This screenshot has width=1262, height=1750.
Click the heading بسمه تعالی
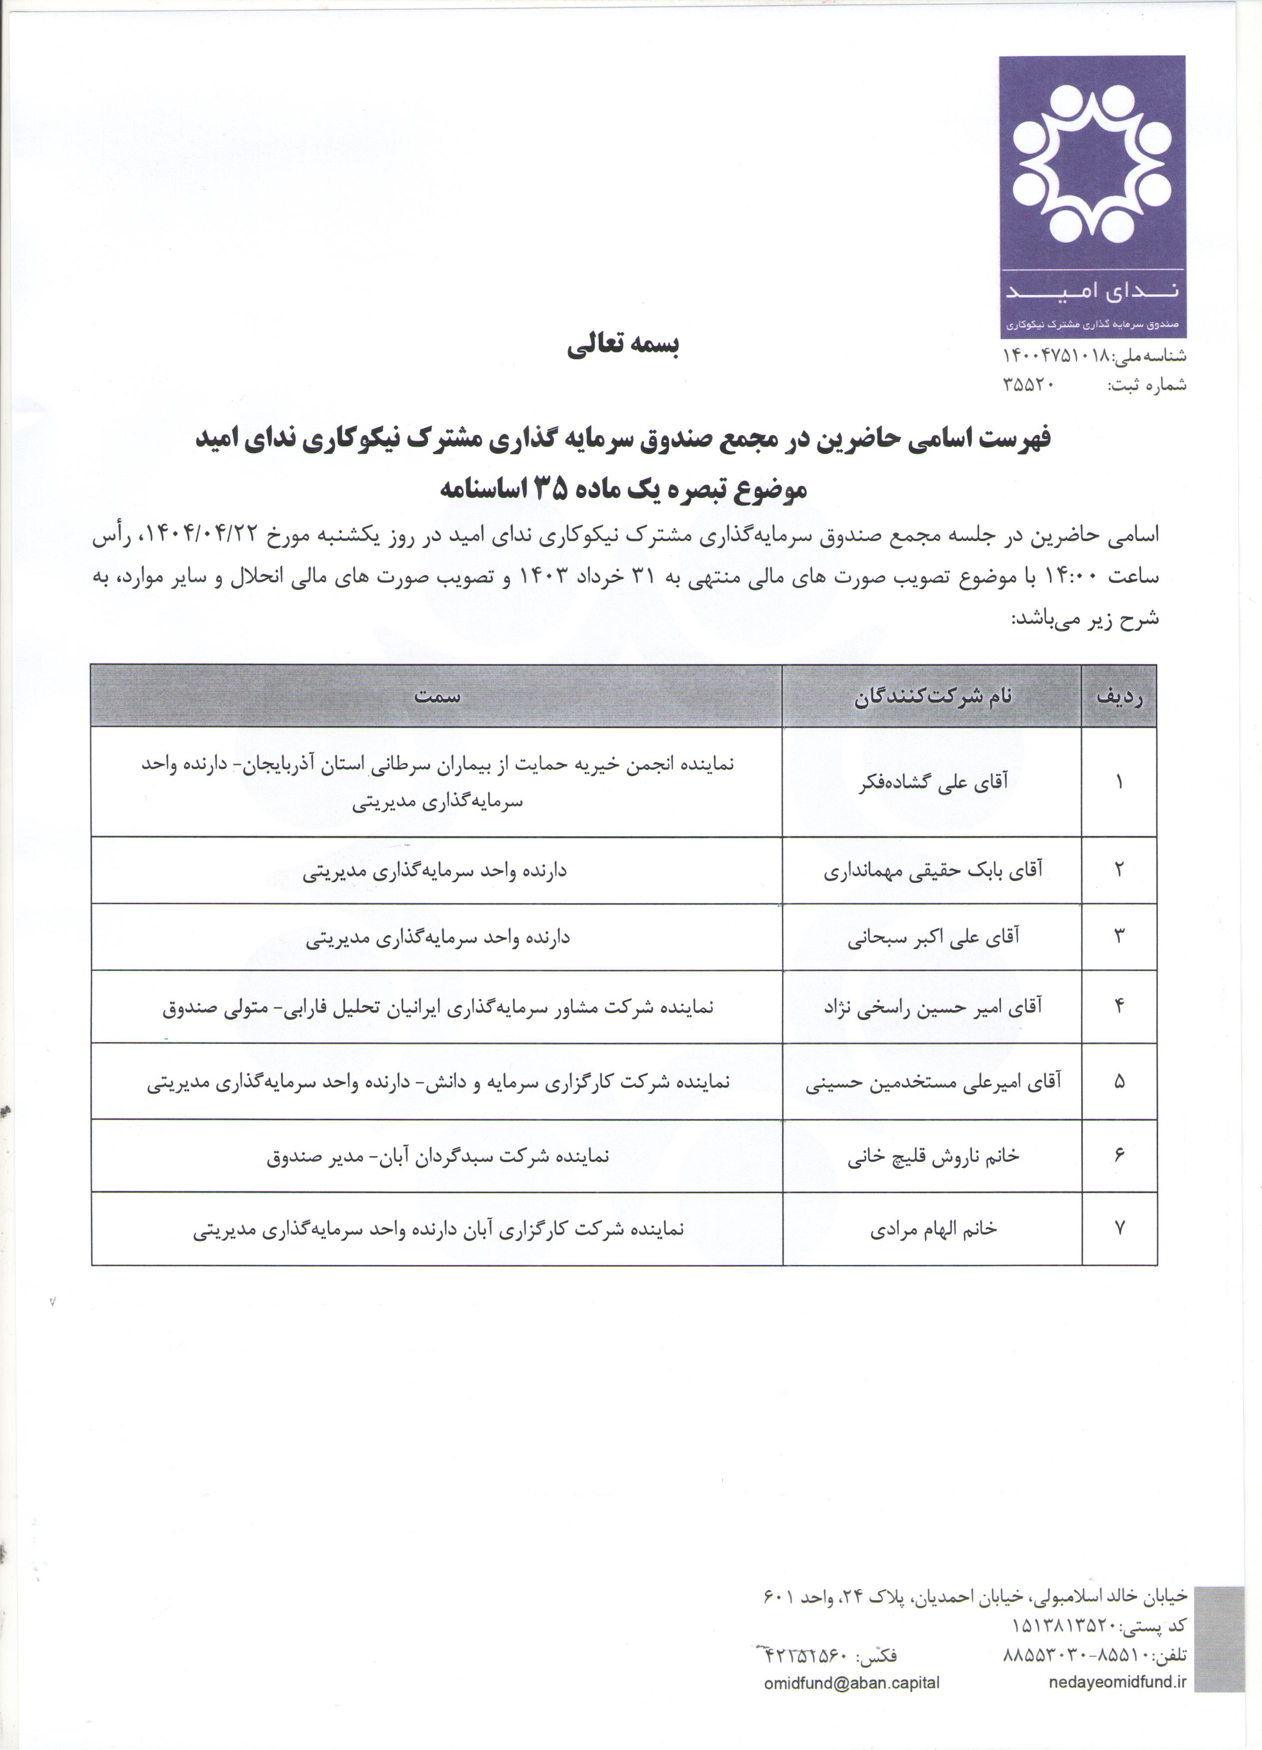pyautogui.click(x=623, y=346)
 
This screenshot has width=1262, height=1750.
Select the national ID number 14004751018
pyautogui.click(x=1055, y=356)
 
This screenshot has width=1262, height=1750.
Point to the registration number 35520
pyautogui.click(x=1028, y=384)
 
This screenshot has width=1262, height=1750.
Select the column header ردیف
pyautogui.click(x=1119, y=697)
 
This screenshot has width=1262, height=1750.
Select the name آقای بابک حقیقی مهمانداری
pyautogui.click(x=933, y=870)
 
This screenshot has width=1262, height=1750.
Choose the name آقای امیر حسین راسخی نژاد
pyautogui.click(x=933, y=1007)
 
